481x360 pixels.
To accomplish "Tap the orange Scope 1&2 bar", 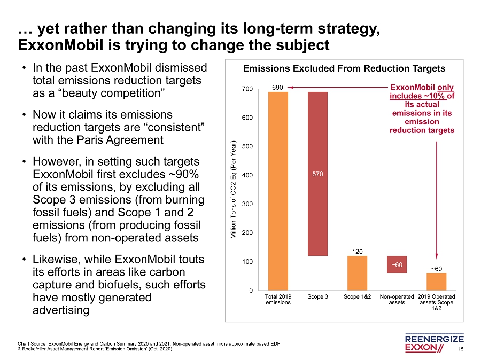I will coord(357,273).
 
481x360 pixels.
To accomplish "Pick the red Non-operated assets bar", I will coord(397,264).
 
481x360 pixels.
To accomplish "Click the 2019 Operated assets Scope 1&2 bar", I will coord(436,281).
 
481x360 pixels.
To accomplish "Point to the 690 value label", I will coord(278,87).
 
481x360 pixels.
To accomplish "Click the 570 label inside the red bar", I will coord(317,174).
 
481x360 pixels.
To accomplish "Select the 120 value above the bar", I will coord(357,251).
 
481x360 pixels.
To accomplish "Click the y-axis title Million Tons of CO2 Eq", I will coord(234,190).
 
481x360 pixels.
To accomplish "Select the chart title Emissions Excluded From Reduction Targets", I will coord(344,69).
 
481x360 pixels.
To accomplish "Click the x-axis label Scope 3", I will coord(317,296).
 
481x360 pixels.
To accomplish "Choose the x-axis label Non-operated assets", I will coord(397,299).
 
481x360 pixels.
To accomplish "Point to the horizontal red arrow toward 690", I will coord(337,87).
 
